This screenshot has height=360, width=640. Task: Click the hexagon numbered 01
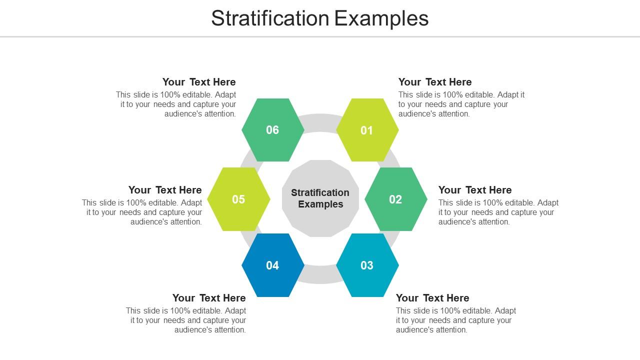(x=367, y=130)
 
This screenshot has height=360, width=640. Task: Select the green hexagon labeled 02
(x=395, y=199)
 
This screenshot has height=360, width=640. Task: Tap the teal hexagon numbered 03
(x=367, y=265)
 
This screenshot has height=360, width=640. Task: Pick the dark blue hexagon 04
(x=273, y=265)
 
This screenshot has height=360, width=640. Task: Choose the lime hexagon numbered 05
(x=238, y=199)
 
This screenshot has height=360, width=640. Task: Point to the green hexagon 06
(x=273, y=130)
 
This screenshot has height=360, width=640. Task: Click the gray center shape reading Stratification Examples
(x=320, y=198)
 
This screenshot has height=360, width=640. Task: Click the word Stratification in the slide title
(x=270, y=18)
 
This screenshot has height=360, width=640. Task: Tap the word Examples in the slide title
(x=381, y=19)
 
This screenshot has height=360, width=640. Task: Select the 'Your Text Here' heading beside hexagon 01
(x=435, y=82)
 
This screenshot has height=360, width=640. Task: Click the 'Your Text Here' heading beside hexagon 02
(x=475, y=190)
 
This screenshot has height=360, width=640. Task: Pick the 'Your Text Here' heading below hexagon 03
(x=432, y=298)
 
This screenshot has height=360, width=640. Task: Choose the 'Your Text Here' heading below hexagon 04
(x=209, y=298)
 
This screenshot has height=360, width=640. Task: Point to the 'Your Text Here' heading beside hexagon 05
(x=165, y=190)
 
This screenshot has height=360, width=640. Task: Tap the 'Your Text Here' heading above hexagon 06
(x=199, y=82)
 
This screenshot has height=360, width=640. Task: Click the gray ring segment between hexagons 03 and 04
(x=320, y=275)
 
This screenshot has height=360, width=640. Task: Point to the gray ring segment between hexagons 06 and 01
(x=320, y=122)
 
